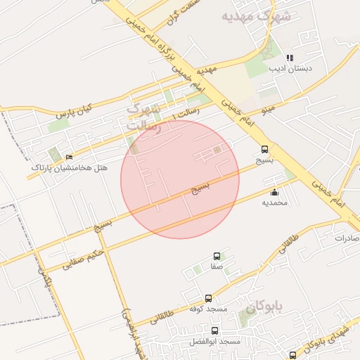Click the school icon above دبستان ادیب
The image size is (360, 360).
[290, 58]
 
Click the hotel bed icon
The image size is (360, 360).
[68, 157]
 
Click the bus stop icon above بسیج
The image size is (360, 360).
[264, 149]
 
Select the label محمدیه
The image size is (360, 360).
[275, 202]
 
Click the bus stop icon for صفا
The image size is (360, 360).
[216, 257]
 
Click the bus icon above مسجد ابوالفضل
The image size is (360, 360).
[214, 330]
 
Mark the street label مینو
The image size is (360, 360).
[267, 110]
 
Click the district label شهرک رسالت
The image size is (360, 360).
[143, 117]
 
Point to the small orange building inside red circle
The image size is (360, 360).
[217, 149]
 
